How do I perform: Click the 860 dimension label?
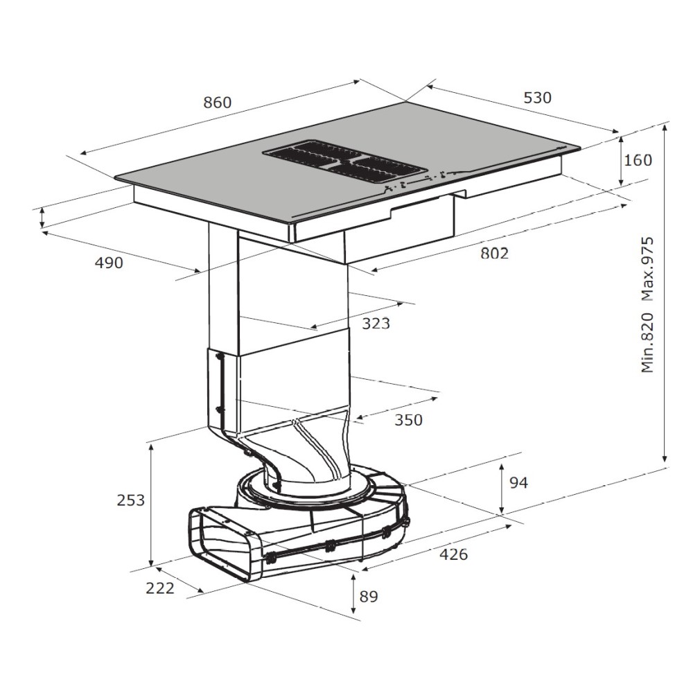tap(218, 103)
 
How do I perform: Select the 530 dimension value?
tap(538, 98)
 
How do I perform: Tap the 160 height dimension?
tap(638, 160)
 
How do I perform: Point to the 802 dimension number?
tap(495, 253)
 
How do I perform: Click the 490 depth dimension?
tap(109, 263)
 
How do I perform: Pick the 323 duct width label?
tap(376, 324)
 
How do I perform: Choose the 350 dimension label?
tap(408, 420)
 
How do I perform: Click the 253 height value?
tap(131, 500)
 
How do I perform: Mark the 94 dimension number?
tap(519, 482)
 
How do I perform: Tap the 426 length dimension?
tap(453, 554)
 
